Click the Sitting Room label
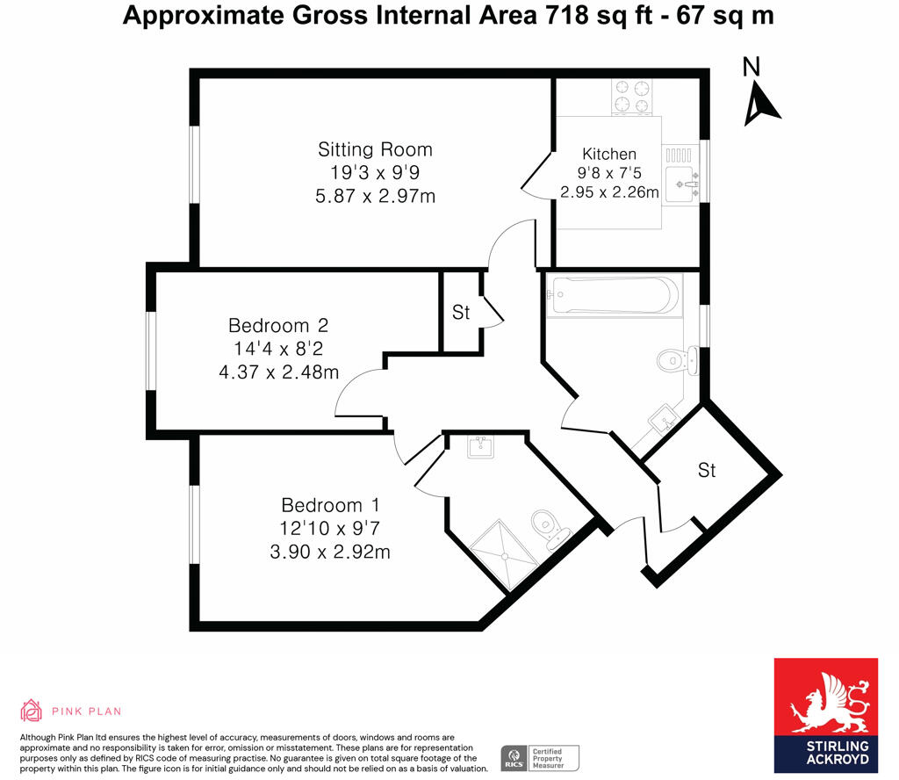[375, 149]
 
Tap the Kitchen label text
[609, 154]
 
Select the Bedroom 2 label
[278, 325]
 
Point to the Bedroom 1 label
[330, 505]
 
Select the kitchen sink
[681, 183]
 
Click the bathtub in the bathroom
[614, 295]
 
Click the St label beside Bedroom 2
[461, 312]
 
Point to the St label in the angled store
[707, 471]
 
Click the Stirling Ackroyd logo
[825, 715]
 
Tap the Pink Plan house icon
[31, 711]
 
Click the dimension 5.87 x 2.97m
[375, 196]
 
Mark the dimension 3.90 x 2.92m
[330, 552]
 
